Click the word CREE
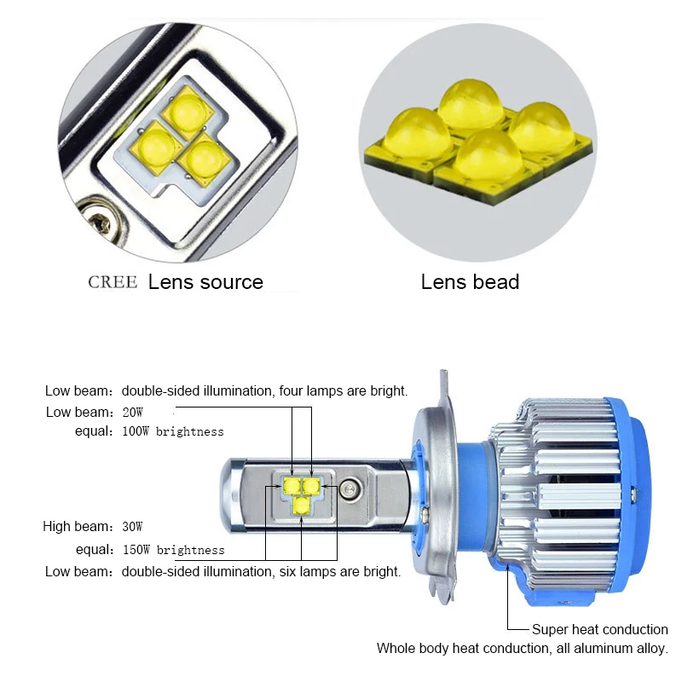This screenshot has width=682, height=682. pos(113,282)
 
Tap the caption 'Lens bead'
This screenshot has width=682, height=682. pos(471,282)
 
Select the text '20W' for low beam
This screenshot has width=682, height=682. pos(133,412)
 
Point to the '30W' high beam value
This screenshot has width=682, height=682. pos(133,527)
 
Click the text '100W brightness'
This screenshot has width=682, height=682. pos(173,431)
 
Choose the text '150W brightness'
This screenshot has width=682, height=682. pos(174,550)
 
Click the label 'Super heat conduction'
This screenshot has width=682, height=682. pos(600,629)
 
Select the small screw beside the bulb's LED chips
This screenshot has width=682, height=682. pos(350,488)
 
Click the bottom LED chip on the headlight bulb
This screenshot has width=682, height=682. pos(301,505)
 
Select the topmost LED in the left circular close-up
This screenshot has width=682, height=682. pos(188,112)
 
